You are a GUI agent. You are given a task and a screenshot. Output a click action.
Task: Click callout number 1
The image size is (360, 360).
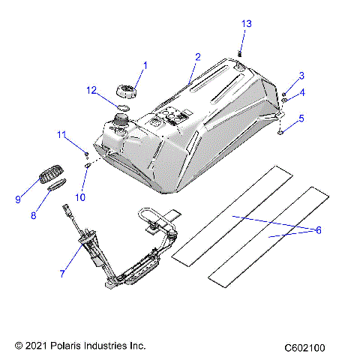tap(145, 65)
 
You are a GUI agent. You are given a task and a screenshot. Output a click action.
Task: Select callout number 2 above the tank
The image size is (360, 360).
tap(198, 56)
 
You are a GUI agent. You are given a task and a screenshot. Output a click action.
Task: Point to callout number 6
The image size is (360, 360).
tap(318, 230)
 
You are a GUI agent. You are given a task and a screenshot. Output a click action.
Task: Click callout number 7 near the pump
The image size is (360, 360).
tap(62, 274)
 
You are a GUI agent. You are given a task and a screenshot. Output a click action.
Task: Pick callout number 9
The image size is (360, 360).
tap(18, 199)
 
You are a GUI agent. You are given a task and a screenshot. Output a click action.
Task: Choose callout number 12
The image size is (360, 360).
tap(91, 91)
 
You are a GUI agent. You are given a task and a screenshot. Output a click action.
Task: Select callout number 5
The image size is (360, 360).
tap(301, 118)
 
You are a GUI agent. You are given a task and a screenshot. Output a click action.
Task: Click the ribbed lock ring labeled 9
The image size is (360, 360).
tap(49, 175)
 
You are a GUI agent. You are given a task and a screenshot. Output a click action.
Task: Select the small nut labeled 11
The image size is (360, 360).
tap(87, 151)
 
